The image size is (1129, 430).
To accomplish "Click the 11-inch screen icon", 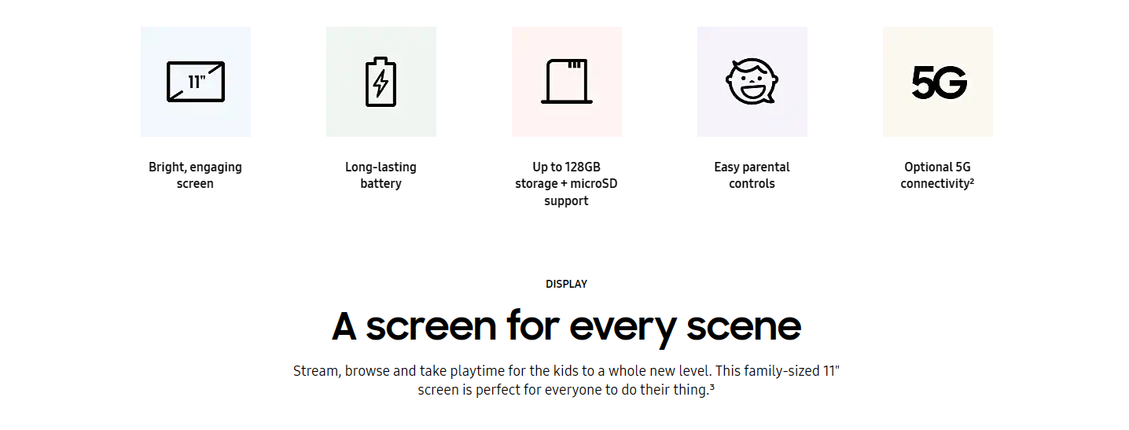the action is (x=196, y=82).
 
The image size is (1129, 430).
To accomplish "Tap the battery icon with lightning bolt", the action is (x=381, y=82).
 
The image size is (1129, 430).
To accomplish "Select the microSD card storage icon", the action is (x=567, y=82).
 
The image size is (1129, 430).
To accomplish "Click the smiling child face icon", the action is (x=752, y=82).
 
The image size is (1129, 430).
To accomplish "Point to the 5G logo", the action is (x=939, y=83).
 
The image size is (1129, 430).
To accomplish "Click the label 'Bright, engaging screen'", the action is (x=195, y=175).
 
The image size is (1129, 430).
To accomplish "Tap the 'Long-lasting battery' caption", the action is (x=381, y=175).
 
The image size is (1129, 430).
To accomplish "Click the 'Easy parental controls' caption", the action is (x=752, y=175).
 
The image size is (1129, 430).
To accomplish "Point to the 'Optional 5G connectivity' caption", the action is (x=937, y=175).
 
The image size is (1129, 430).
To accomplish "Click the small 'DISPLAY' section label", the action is (x=567, y=285).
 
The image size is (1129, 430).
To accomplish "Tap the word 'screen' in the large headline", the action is (x=431, y=326).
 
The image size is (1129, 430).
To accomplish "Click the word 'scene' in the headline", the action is (x=744, y=326).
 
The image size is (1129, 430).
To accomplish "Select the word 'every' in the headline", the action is (x=623, y=329).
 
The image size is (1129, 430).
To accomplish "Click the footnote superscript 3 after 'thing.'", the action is (x=712, y=387).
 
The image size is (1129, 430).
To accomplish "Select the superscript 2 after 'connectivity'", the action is (x=972, y=181).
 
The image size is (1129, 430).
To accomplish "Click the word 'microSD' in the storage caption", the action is (x=594, y=183).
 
